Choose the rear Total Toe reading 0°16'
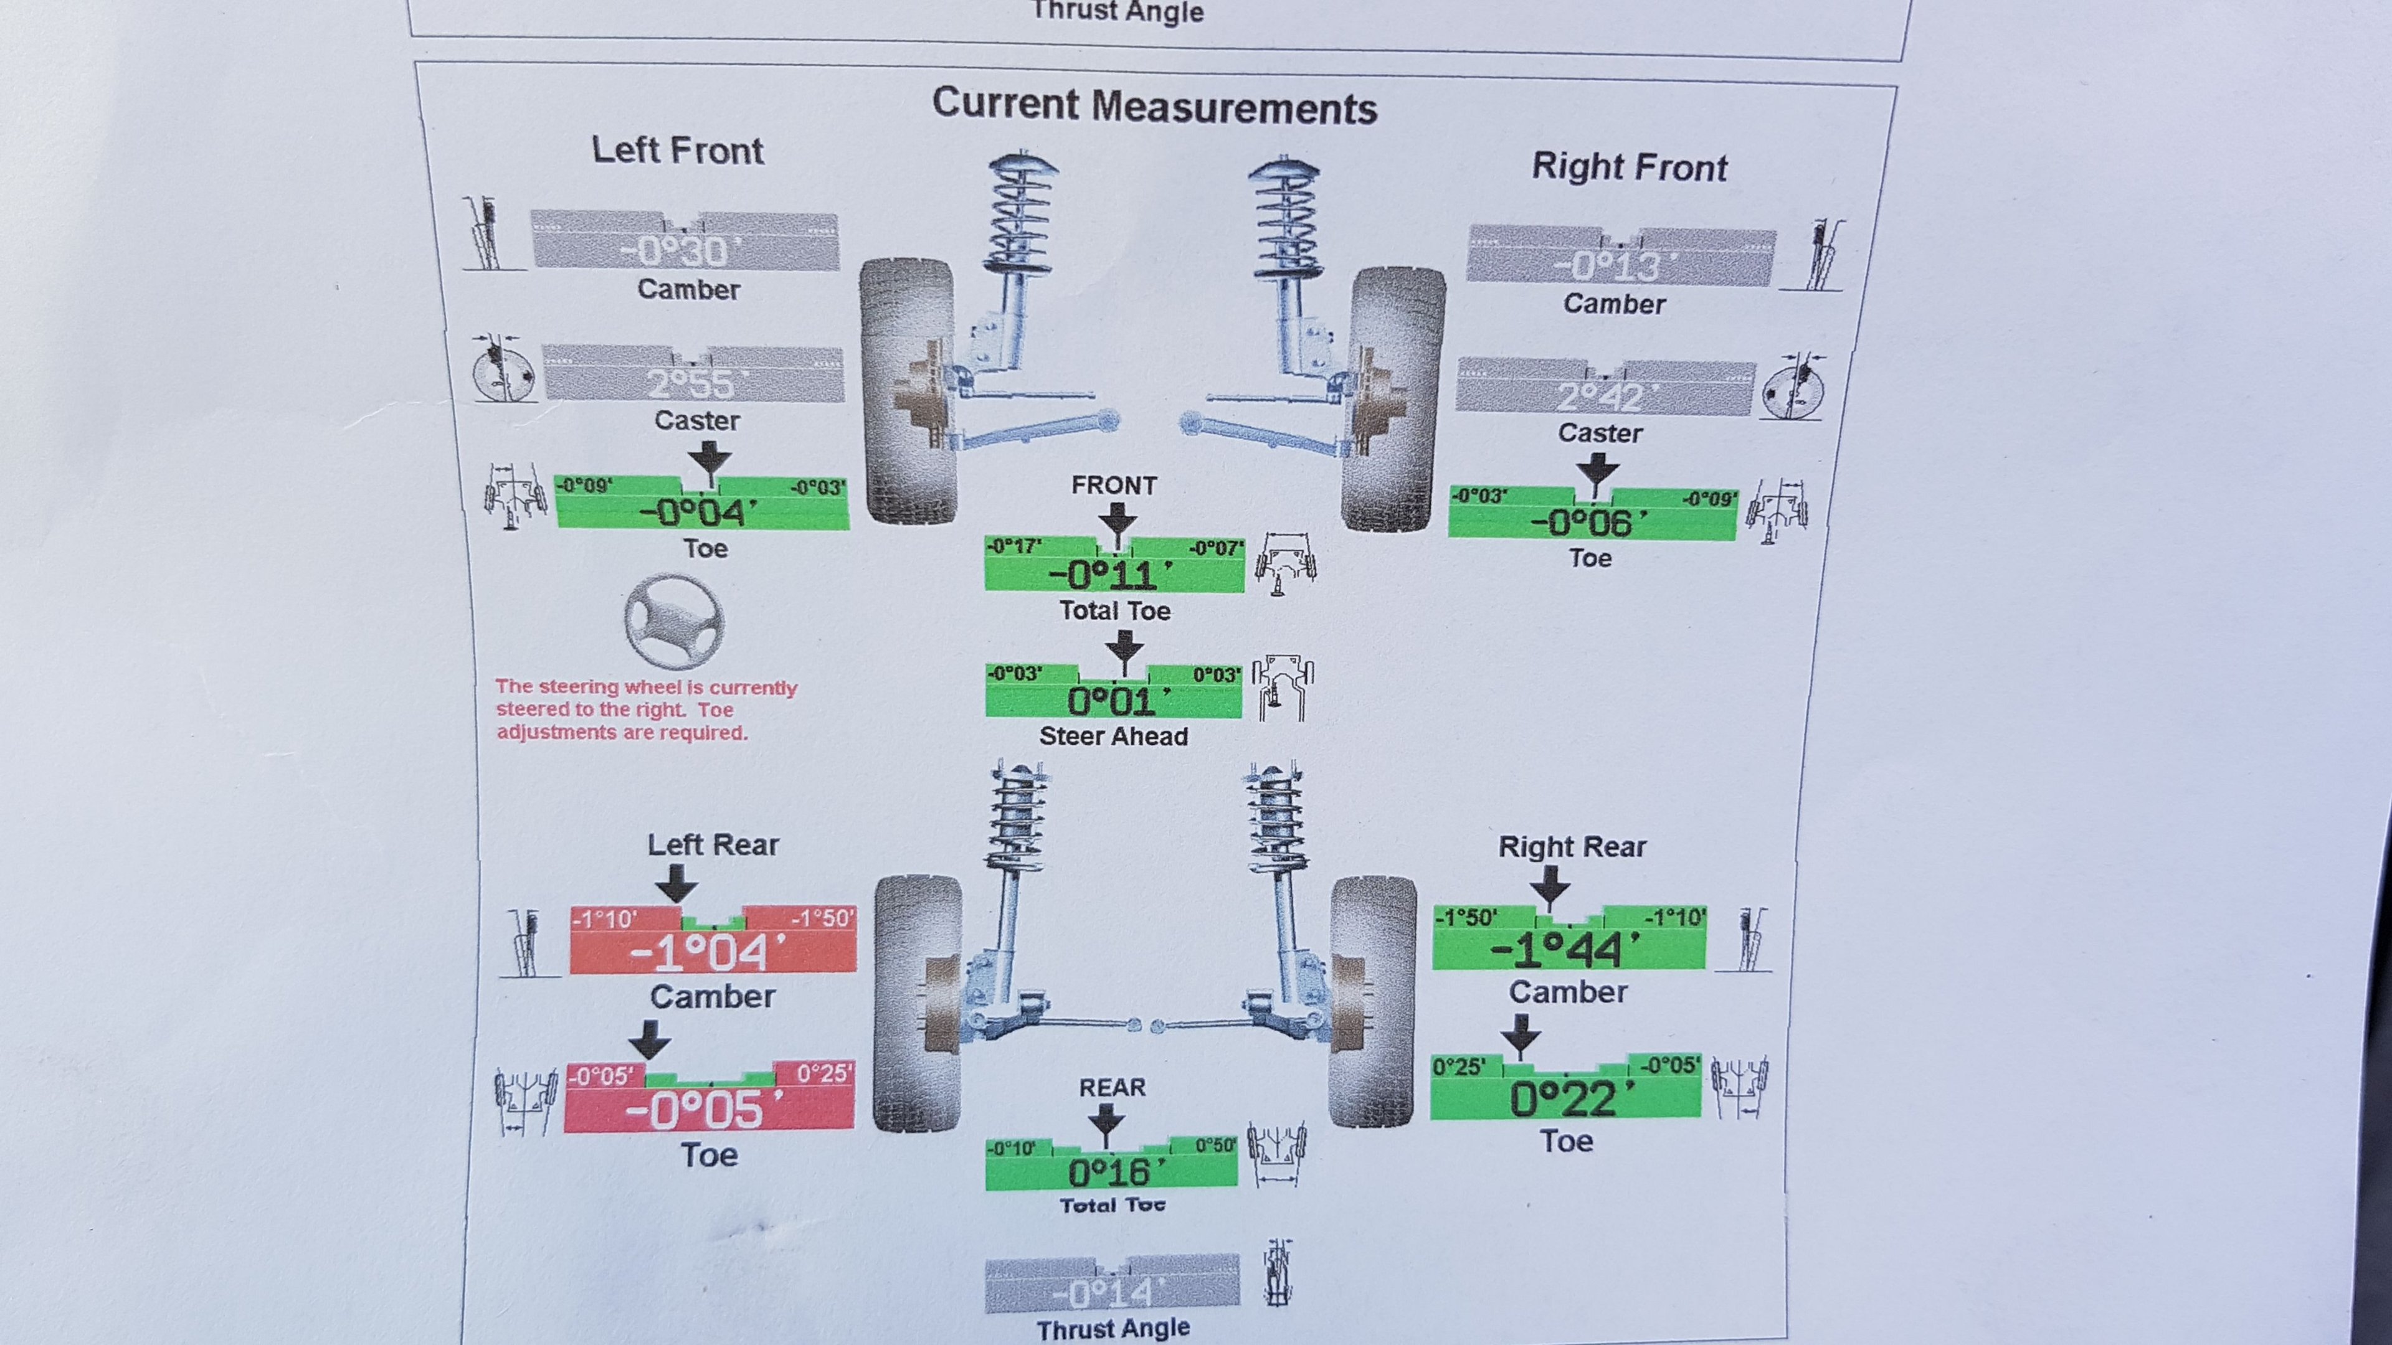(x=1111, y=1173)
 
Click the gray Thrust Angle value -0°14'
(x=1109, y=1292)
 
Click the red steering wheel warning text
(x=645, y=710)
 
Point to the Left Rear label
(x=712, y=845)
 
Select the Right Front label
(x=1629, y=167)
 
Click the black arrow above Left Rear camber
(x=676, y=882)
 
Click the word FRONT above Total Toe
(x=1113, y=486)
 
